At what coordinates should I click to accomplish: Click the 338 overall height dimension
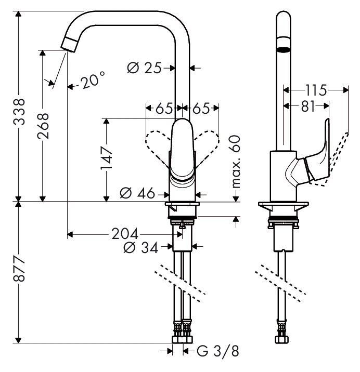pyautogui.click(x=19, y=112)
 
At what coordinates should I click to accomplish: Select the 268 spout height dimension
pyautogui.click(x=43, y=126)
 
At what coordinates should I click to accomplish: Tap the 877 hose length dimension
pyautogui.click(x=19, y=268)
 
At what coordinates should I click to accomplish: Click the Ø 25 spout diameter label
pyautogui.click(x=144, y=68)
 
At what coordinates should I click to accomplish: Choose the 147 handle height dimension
pyautogui.click(x=106, y=158)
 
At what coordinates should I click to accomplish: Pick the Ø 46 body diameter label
pyautogui.click(x=137, y=193)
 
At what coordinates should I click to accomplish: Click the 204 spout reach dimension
pyautogui.click(x=125, y=234)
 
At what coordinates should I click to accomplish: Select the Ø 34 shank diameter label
pyautogui.click(x=140, y=247)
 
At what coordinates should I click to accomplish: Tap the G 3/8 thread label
pyautogui.click(x=218, y=351)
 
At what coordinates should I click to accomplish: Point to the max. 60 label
pyautogui.click(x=236, y=162)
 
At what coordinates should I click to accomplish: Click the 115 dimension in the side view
pyautogui.click(x=316, y=90)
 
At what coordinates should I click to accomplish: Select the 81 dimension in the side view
pyautogui.click(x=308, y=106)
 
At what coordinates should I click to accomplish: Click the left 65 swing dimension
pyautogui.click(x=164, y=109)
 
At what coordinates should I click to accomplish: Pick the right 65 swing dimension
pyautogui.click(x=201, y=109)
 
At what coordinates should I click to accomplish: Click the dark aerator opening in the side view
pyautogui.click(x=283, y=49)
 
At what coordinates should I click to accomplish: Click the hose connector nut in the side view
pyautogui.click(x=282, y=339)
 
